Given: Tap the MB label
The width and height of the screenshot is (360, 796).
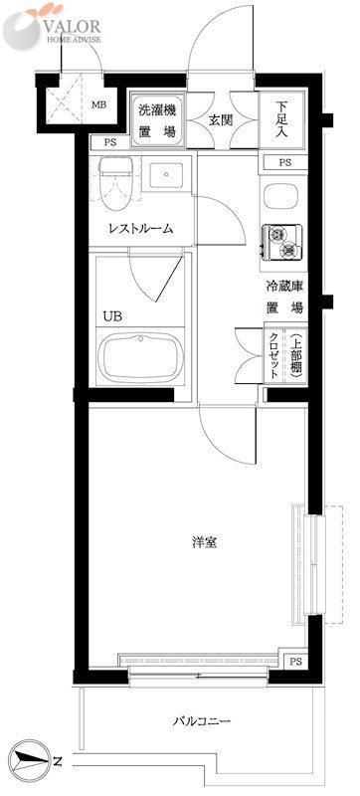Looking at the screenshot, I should pos(99,103).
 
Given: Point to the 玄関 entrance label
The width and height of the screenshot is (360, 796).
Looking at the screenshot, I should pos(221,119).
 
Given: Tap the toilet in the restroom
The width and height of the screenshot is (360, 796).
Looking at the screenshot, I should pos(117,176).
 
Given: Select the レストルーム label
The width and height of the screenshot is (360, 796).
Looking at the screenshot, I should pos(141,228).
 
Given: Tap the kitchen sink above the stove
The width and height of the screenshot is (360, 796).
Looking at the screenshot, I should pos(279,195).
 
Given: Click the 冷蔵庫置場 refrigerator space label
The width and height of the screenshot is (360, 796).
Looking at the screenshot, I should pos(284,298).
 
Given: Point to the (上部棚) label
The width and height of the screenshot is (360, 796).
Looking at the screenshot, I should pos(294,354).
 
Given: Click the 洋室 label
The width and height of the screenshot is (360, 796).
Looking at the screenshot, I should pos(205,542).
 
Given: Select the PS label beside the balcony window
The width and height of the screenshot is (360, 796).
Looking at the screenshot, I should pos(295,661).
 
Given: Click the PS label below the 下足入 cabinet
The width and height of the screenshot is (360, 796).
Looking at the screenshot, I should pos(284,162).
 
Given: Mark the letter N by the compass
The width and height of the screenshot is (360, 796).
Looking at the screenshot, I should pos(58,763).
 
